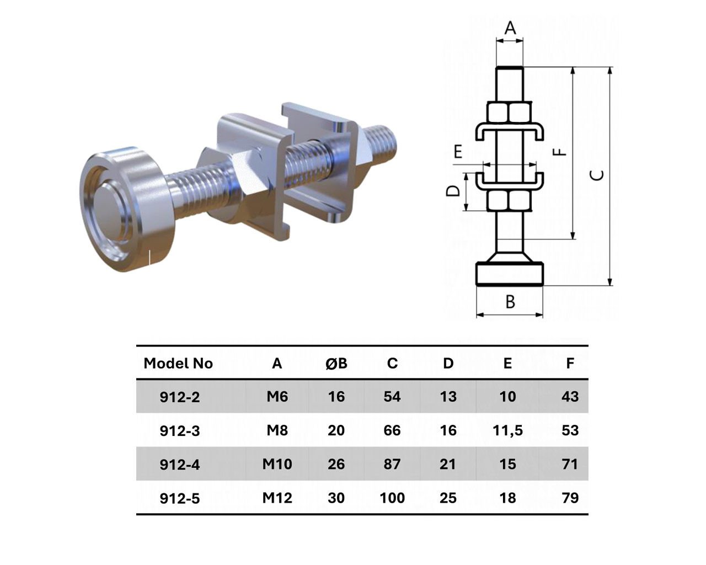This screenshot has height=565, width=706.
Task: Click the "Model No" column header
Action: coord(178,364)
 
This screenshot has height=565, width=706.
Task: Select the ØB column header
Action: coord(336,364)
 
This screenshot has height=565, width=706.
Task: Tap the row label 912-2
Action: coord(179,397)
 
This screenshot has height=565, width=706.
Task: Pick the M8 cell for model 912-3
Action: coord(277,430)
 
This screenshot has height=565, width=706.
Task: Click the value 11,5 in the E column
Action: coord(507,431)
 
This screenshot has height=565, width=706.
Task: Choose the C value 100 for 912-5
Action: coord(392,498)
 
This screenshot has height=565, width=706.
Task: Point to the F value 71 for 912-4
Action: coord(570,464)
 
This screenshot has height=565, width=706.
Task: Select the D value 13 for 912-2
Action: coord(448,397)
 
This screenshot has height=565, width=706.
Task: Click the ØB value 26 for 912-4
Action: coord(336,464)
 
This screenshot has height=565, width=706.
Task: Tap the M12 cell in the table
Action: coord(277,498)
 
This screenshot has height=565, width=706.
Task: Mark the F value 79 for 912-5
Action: coord(570,498)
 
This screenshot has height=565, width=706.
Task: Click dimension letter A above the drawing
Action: coord(510,28)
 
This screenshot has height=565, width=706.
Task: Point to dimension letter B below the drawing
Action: coord(510,301)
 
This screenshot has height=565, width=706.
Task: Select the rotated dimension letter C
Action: coord(597,175)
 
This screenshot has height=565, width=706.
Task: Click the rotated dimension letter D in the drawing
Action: coord(453,191)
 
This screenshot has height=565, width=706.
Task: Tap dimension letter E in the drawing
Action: coord(458,152)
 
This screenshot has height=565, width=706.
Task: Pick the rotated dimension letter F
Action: coord(561,151)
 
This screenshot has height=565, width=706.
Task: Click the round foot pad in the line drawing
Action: coord(510,273)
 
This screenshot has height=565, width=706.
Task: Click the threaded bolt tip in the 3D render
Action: coord(383,144)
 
